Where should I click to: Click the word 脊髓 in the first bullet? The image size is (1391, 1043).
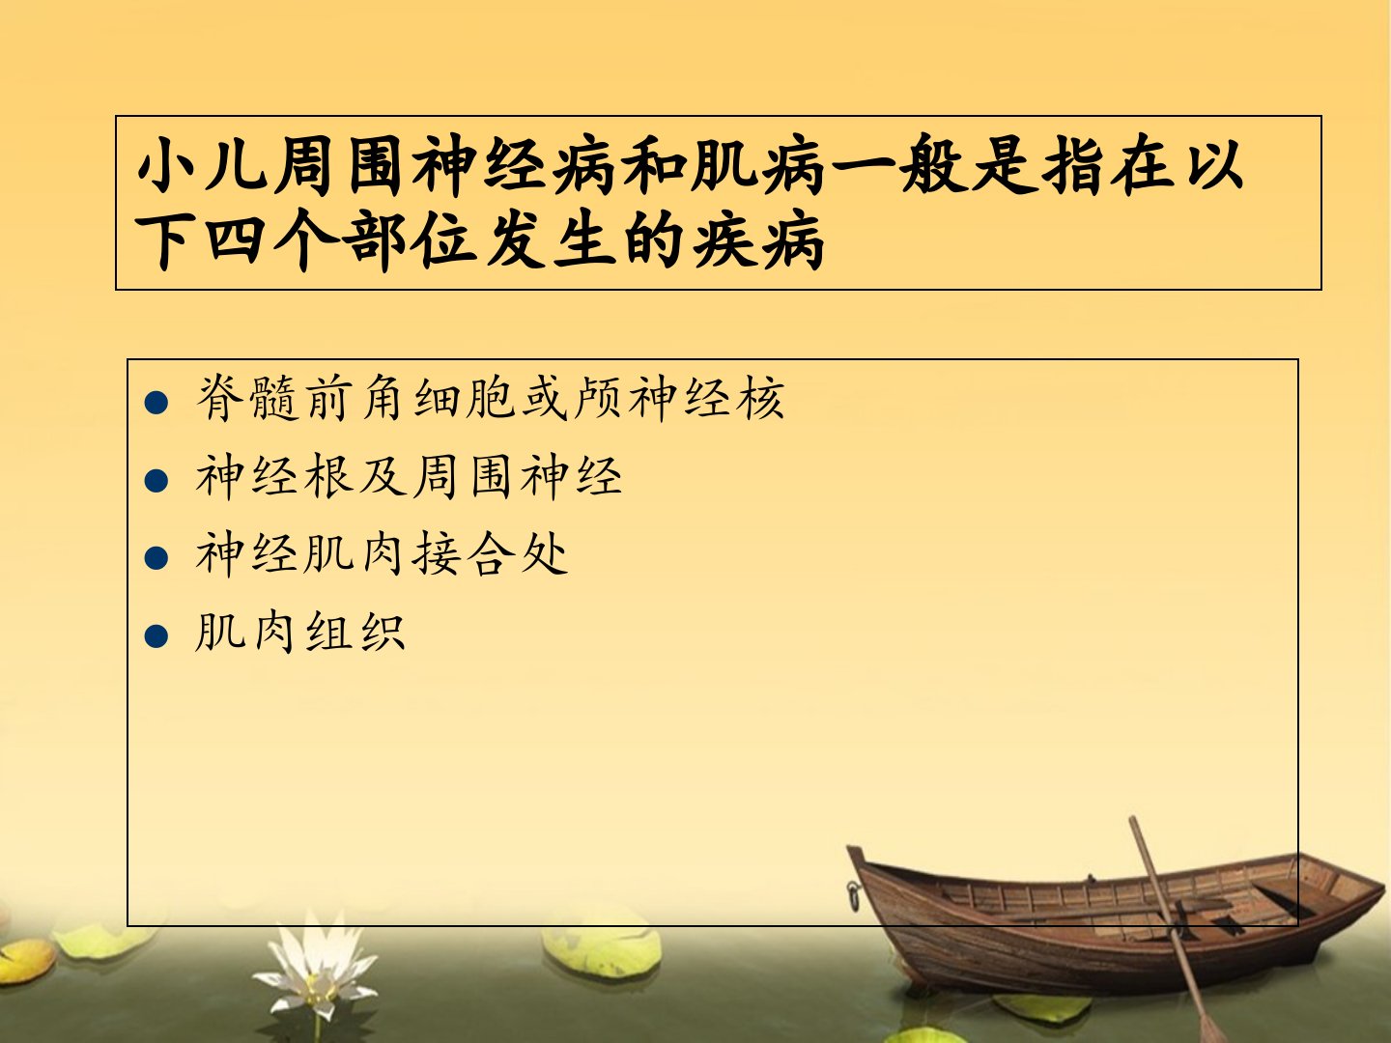pyautogui.click(x=247, y=398)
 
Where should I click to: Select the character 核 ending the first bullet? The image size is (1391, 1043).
pyautogui.click(x=760, y=398)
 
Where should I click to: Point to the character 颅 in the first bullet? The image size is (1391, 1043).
pyautogui.click(x=598, y=398)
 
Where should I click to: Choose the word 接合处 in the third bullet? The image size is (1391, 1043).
pyautogui.click(x=489, y=554)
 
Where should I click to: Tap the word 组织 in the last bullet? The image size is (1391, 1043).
pyautogui.click(x=355, y=632)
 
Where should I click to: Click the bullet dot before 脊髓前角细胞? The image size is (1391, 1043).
pyautogui.click(x=156, y=403)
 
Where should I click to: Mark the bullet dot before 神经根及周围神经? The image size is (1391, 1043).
pyautogui.click(x=156, y=481)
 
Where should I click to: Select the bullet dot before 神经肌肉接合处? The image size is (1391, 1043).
pyautogui.click(x=156, y=558)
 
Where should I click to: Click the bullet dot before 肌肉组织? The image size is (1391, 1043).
pyautogui.click(x=156, y=636)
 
